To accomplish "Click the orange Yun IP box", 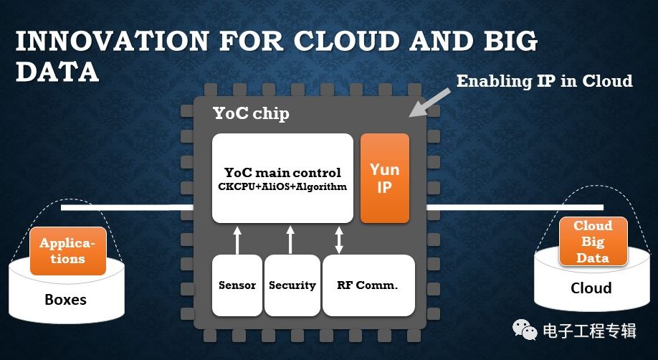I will [x=384, y=178].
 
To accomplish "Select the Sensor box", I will [x=237, y=285].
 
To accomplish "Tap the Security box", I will [x=292, y=285].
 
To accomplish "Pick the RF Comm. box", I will [x=368, y=285].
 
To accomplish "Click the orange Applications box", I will [x=68, y=251].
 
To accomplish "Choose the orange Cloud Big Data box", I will [x=593, y=242].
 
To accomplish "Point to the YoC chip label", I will [x=252, y=113].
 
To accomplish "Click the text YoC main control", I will [x=282, y=173].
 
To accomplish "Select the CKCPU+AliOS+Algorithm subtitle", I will [x=282, y=186].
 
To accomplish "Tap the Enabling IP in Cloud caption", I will [x=545, y=81].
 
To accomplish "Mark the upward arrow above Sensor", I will [x=237, y=239].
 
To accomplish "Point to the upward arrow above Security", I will [x=290, y=239].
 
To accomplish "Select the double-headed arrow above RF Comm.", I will [x=339, y=239].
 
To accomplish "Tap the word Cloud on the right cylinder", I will [x=591, y=288].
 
